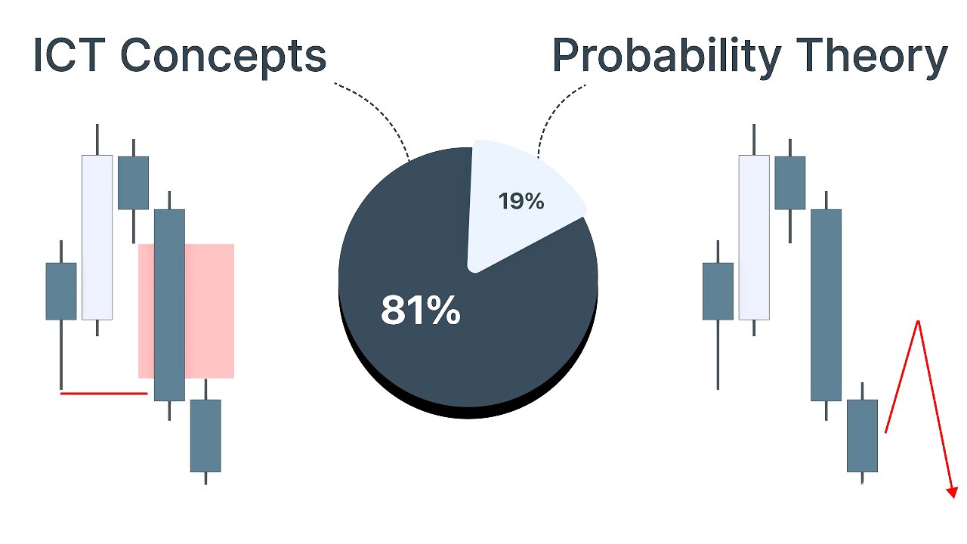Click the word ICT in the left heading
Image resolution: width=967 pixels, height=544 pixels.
coord(69,55)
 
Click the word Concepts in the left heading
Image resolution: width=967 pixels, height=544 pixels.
coord(223,58)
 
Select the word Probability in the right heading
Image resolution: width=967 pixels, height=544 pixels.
coord(666,58)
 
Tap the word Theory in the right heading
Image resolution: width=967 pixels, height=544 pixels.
coord(872,58)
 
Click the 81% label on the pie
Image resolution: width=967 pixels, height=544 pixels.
coord(421,310)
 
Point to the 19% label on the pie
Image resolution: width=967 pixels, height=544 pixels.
coord(521,201)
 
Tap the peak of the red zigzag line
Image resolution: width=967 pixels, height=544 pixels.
coord(918,322)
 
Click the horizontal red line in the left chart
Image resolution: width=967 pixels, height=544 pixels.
coord(104,394)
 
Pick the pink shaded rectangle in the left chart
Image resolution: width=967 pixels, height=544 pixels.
coord(186,311)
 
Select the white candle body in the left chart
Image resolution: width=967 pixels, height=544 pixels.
coord(97,237)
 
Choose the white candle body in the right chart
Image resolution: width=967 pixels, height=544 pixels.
coord(754,237)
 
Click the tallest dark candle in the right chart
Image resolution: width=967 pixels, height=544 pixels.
coord(826,305)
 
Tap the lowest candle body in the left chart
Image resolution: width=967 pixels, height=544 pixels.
coord(205,436)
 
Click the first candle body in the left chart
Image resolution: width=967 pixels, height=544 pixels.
coord(61,292)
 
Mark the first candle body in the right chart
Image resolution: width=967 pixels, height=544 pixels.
coord(718,292)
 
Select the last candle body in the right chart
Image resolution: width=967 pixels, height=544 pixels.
coord(862,436)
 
